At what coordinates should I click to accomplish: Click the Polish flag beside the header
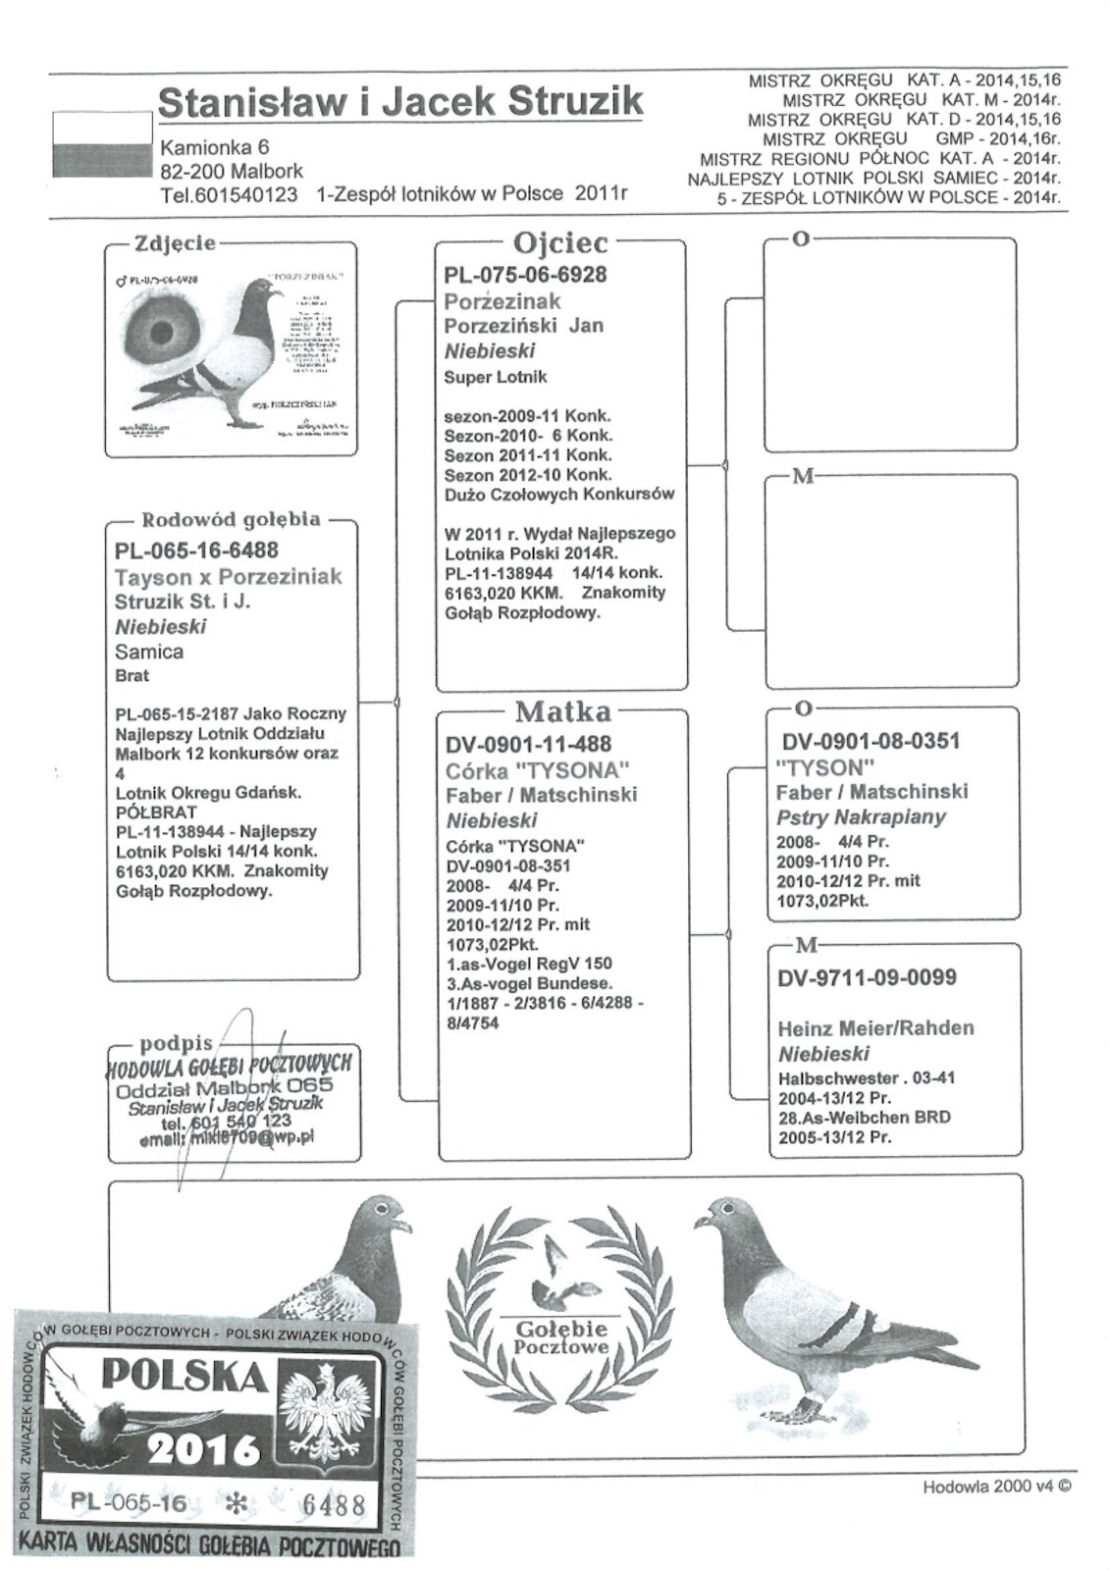tap(101, 144)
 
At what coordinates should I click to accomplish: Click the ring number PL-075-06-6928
tap(525, 275)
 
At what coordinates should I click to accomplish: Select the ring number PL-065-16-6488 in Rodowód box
tap(196, 550)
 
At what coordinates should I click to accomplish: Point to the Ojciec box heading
tap(560, 242)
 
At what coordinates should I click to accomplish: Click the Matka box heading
tap(562, 711)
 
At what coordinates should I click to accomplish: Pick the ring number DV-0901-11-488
tap(528, 744)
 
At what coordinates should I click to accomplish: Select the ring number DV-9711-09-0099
tap(867, 977)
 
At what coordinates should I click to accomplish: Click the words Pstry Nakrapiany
tap(861, 816)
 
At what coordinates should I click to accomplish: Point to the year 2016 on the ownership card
tap(204, 1445)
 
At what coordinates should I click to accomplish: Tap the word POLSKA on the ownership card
tap(185, 1380)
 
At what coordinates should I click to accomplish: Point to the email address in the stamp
tap(226, 1139)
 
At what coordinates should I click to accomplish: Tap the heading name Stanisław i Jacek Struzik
tap(400, 102)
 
